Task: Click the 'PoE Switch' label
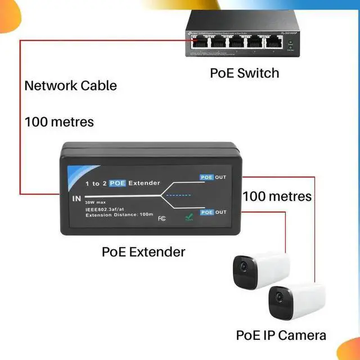(244, 73)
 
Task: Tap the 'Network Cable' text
(70, 85)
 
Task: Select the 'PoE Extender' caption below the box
(143, 251)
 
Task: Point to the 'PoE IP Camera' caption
(281, 336)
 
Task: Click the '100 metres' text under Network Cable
(59, 121)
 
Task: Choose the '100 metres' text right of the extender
(277, 196)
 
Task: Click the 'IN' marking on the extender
(77, 199)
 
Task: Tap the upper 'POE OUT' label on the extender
(213, 177)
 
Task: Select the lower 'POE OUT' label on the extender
(213, 212)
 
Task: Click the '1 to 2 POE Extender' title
(123, 183)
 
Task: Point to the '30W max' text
(96, 202)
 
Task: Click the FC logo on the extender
(161, 218)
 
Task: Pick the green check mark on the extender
(188, 220)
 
